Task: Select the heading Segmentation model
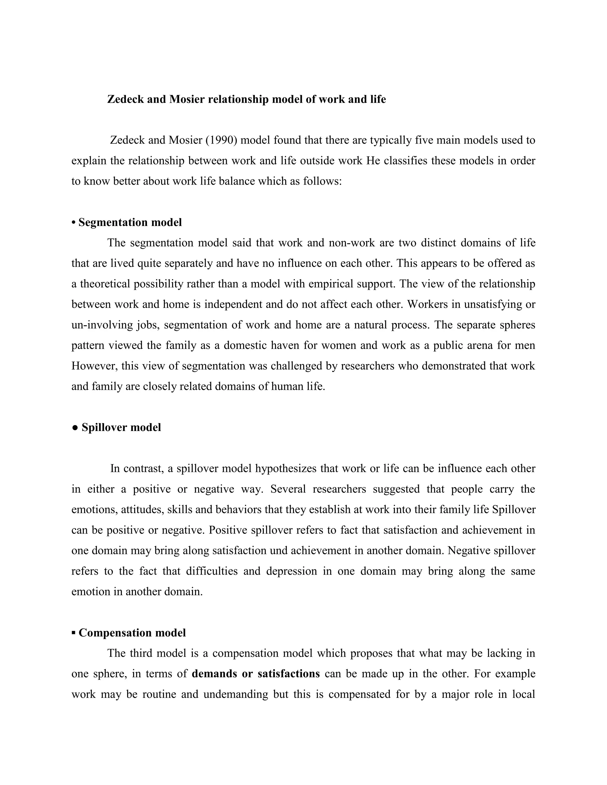[x=130, y=222]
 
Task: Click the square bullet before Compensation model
[x=74, y=633]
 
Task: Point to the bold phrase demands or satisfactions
[x=256, y=674]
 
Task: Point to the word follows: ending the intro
[x=322, y=181]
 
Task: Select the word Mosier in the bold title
[x=187, y=99]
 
